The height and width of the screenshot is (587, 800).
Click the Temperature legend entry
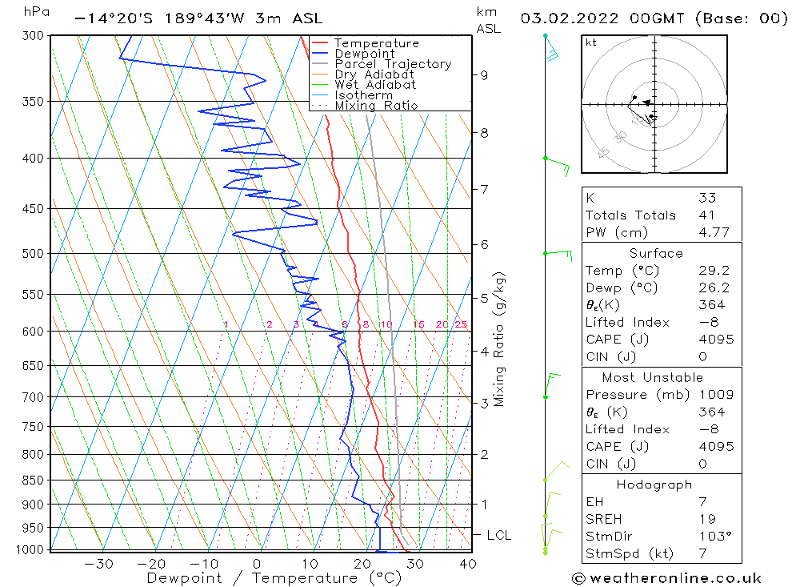click(x=376, y=43)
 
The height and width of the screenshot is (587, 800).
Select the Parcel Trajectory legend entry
click(x=393, y=64)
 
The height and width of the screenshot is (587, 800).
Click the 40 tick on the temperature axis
click(x=468, y=564)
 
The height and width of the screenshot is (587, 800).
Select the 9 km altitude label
click(x=484, y=75)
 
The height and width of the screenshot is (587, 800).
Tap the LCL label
click(x=498, y=535)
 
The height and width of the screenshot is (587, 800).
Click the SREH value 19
click(x=706, y=519)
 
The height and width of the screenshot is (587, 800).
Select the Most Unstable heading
click(x=653, y=377)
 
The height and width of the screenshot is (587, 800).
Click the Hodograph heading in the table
click(x=654, y=484)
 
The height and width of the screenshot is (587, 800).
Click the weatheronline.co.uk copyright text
click(x=667, y=578)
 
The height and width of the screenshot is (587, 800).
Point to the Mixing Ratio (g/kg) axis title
click(x=499, y=339)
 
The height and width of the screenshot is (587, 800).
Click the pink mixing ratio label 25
click(x=461, y=324)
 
